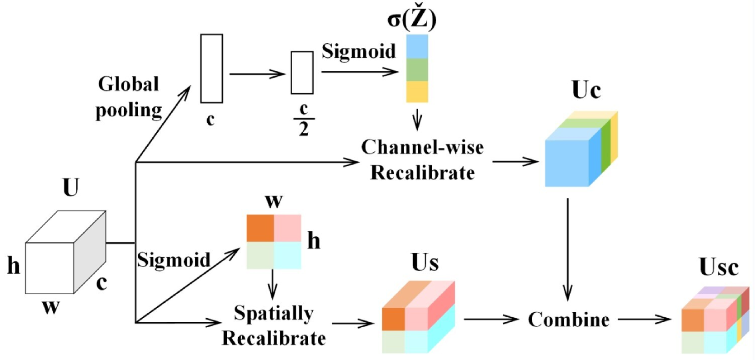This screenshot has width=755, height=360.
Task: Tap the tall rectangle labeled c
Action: coord(211,68)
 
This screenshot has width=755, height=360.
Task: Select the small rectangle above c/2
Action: coord(302,73)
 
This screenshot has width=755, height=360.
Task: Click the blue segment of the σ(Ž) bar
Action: coord(417,46)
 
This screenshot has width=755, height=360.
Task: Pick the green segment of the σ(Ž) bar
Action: coord(417,70)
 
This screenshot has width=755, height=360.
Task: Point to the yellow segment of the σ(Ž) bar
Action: coord(417,91)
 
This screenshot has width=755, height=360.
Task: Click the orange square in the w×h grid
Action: coord(260,228)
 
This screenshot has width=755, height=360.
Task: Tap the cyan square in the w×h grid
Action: coord(287,255)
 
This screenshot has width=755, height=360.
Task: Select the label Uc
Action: coord(586,90)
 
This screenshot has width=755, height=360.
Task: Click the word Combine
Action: coord(568,320)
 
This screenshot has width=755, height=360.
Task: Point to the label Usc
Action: coord(718,267)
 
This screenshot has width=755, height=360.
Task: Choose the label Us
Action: coord(425,262)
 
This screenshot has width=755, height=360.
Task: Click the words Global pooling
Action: coord(129,97)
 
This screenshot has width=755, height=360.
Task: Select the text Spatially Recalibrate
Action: coord(274,325)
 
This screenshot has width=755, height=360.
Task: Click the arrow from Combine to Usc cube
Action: coord(644,320)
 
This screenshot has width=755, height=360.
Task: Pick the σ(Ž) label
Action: coord(411,19)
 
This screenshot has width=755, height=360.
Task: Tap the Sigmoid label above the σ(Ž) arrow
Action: coord(359,51)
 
